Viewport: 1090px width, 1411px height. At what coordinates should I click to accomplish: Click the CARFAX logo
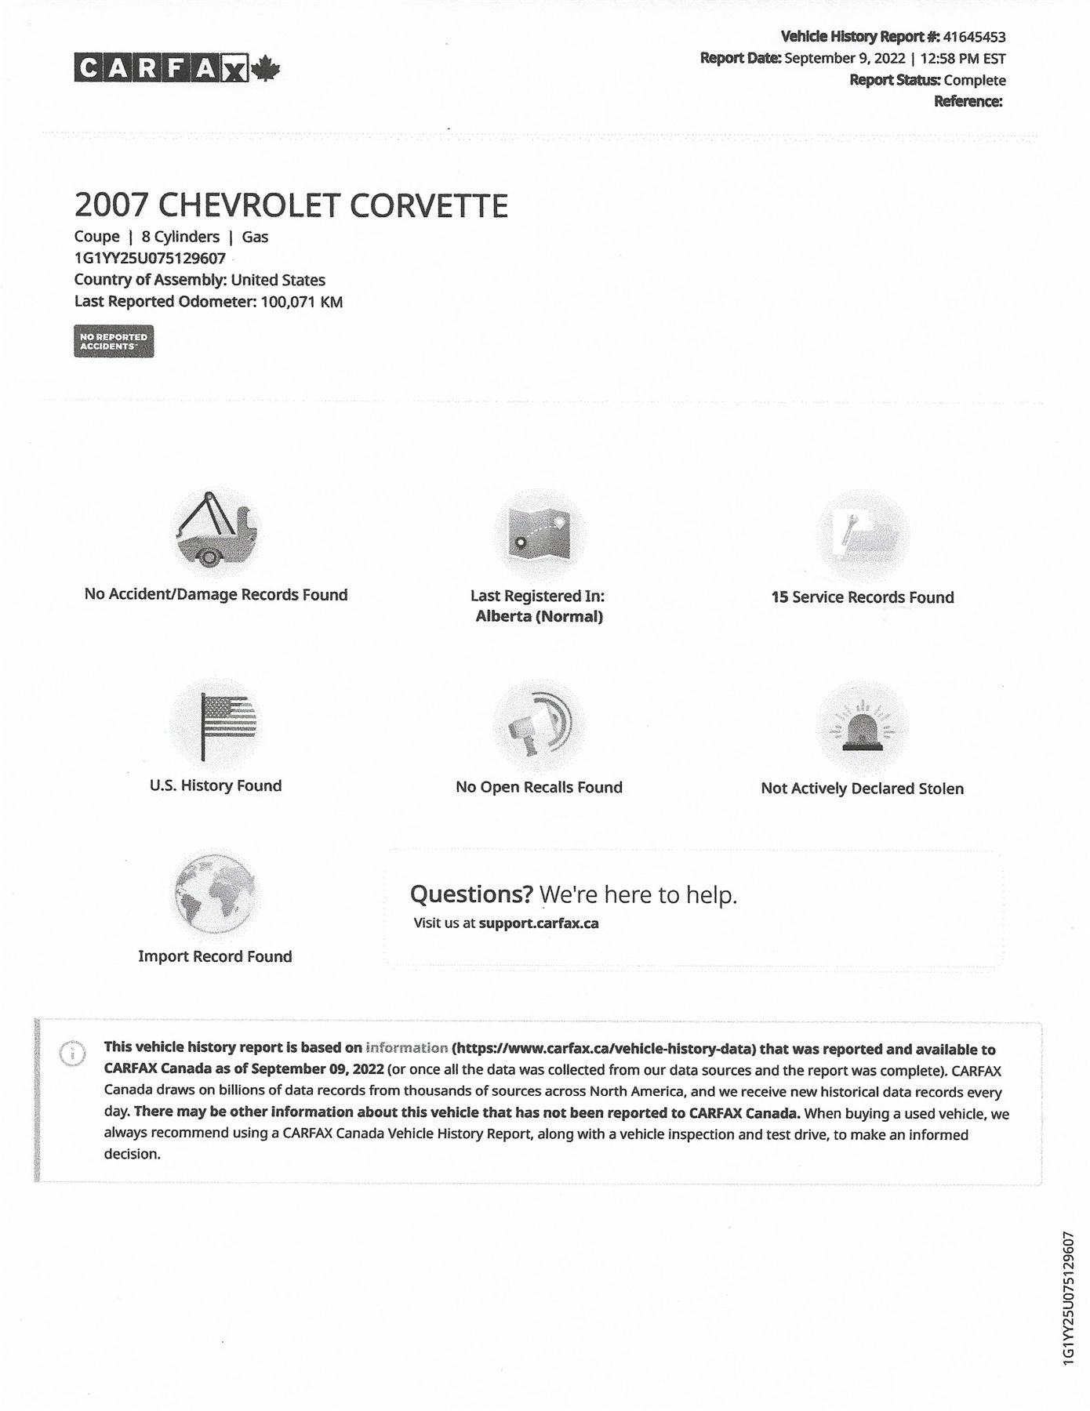(x=161, y=68)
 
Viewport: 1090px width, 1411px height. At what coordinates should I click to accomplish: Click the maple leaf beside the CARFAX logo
(x=266, y=68)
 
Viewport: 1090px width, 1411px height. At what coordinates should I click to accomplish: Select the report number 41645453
(x=974, y=37)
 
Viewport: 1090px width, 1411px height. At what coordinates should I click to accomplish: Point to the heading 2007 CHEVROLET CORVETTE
(x=291, y=205)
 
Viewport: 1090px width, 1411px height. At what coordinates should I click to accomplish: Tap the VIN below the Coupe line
(x=150, y=258)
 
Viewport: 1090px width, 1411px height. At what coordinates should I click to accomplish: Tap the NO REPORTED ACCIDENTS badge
(x=114, y=341)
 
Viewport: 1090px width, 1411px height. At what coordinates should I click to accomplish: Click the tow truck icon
(x=215, y=531)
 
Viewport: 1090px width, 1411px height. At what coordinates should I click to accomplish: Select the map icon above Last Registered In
(x=539, y=534)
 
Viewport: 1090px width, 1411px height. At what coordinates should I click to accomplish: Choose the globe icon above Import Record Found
(x=215, y=894)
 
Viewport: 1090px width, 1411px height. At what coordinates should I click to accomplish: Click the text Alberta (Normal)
(x=539, y=616)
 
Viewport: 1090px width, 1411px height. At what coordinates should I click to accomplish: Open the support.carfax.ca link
(x=539, y=923)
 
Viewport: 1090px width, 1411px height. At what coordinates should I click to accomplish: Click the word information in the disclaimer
(x=406, y=1048)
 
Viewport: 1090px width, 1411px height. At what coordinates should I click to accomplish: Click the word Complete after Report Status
(x=975, y=80)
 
